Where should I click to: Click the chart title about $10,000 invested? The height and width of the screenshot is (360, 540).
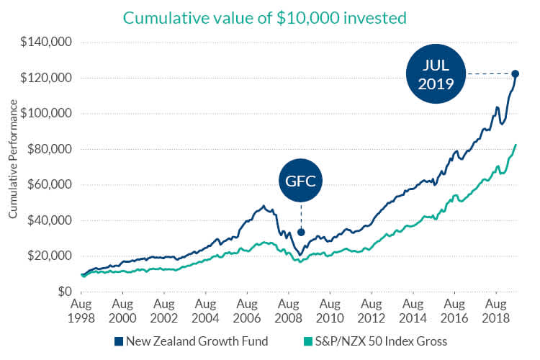coord(266,17)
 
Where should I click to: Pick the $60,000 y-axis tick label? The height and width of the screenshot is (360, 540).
coord(50,185)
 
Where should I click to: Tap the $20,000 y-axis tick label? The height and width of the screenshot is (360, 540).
coord(50,256)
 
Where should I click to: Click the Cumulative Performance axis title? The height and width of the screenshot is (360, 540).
coord(13,167)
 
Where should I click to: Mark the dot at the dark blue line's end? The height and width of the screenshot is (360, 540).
coord(516,73)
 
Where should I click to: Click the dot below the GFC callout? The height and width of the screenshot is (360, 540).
coord(301,232)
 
